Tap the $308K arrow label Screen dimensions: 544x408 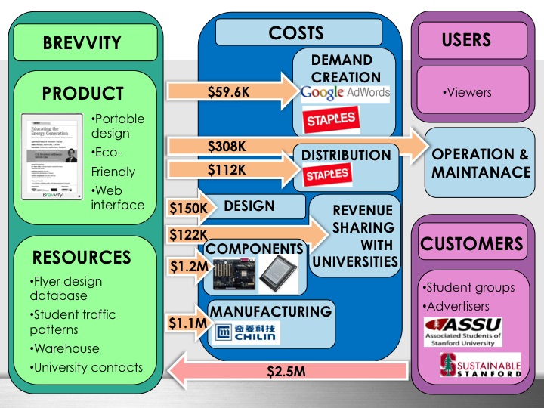tap(227, 145)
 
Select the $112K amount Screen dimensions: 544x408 tap(227, 169)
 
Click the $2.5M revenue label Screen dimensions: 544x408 tap(286, 372)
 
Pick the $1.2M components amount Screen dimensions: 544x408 tap(185, 267)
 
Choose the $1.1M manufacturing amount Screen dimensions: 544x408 tap(185, 323)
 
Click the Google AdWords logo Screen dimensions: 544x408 tap(345, 94)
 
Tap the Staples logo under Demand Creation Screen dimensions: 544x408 tap(330, 119)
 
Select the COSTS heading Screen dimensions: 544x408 tap(295, 32)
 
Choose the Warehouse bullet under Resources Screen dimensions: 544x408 tap(66, 349)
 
